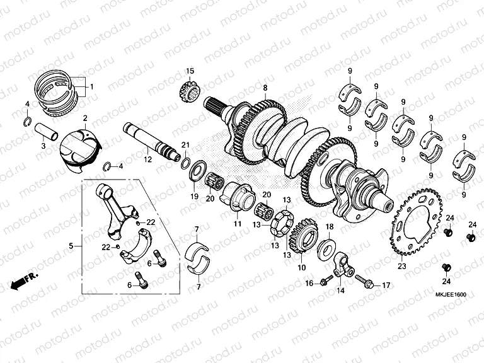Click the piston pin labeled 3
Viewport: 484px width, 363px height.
(x=46, y=132)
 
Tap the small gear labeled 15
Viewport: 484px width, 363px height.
(x=190, y=89)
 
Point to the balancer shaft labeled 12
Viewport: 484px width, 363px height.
(x=152, y=142)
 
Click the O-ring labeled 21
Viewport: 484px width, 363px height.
(x=186, y=163)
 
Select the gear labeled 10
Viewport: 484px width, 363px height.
(x=303, y=236)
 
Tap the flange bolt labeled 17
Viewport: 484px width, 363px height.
(x=366, y=282)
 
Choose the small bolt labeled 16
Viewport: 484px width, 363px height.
(x=326, y=280)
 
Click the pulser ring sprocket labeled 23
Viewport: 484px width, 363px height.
(x=417, y=222)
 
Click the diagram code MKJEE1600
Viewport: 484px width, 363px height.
(x=451, y=295)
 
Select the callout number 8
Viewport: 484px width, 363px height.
(x=265, y=88)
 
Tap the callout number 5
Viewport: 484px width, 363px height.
(x=71, y=246)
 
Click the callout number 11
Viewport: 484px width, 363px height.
(x=238, y=223)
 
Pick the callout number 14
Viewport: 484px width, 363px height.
(x=340, y=291)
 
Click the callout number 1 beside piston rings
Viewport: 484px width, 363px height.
(x=91, y=87)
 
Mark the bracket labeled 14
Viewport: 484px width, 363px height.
(x=343, y=265)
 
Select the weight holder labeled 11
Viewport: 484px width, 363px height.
(x=238, y=197)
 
